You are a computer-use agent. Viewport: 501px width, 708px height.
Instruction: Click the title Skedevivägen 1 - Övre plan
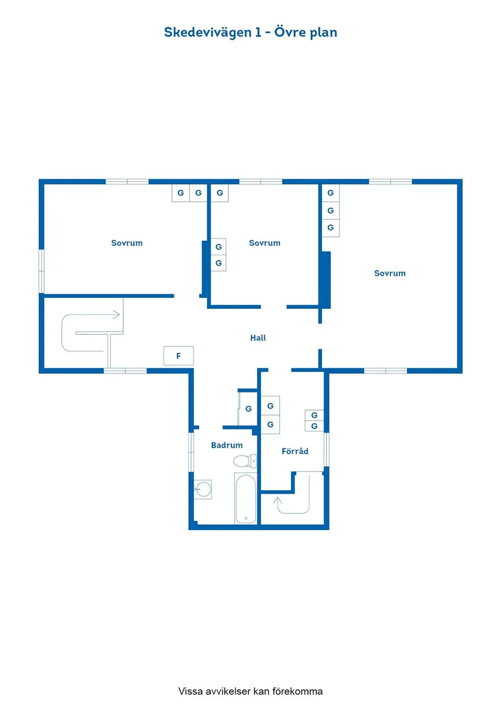tap(250, 32)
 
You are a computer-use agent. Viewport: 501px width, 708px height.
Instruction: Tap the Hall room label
tap(258, 338)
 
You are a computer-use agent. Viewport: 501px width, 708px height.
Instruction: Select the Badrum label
tap(227, 445)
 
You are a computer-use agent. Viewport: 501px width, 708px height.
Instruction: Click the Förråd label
tap(295, 451)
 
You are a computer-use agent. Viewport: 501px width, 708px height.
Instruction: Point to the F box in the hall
tap(179, 356)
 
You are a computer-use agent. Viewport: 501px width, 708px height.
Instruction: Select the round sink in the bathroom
tap(203, 488)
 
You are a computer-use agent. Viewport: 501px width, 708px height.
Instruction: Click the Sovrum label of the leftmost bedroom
tap(127, 243)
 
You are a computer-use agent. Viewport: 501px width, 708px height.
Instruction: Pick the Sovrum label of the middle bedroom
tap(265, 243)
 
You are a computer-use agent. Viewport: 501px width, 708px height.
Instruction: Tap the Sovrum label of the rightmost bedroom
tap(390, 274)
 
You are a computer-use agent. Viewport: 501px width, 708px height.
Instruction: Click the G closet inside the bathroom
tap(248, 409)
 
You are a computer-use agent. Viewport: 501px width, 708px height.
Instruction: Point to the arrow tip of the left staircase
tap(119, 315)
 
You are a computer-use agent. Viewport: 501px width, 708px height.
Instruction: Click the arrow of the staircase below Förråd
tap(278, 501)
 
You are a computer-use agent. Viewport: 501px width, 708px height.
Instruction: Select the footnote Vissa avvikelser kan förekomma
tap(250, 691)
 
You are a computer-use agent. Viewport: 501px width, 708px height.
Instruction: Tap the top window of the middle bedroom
tap(261, 181)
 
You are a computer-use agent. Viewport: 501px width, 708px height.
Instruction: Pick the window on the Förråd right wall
tap(326, 449)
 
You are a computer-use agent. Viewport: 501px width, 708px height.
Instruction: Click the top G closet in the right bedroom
tap(330, 193)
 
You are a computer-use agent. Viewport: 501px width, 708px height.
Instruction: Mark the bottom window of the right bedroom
tap(385, 370)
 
